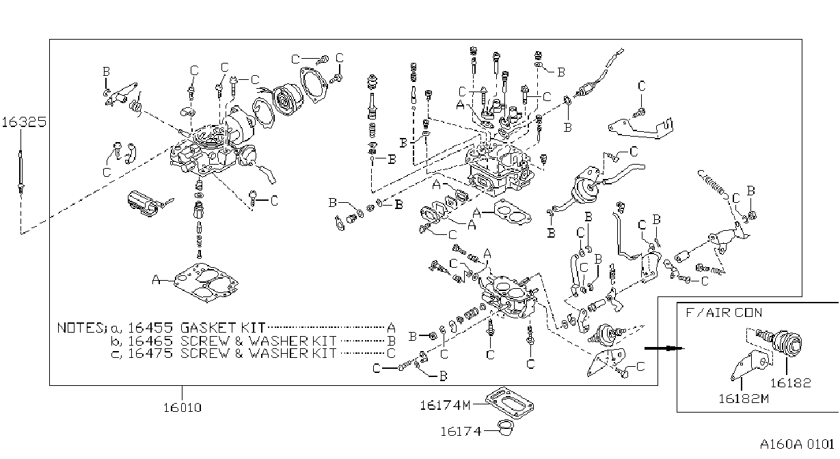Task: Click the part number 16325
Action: (24, 122)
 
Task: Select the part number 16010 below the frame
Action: (182, 407)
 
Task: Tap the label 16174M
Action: (445, 405)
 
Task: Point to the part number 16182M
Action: (744, 399)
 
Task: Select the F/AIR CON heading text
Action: (724, 313)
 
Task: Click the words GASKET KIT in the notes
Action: (223, 328)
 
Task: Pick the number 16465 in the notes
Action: (150, 341)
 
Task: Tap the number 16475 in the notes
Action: (150, 353)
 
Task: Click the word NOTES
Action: (81, 328)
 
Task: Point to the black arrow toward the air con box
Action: (664, 348)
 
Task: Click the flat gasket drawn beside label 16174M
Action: (510, 404)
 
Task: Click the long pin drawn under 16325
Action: (21, 171)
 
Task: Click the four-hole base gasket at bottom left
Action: (206, 283)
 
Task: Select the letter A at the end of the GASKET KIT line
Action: (391, 328)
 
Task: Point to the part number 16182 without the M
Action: (791, 383)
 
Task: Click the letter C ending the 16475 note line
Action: (391, 353)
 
